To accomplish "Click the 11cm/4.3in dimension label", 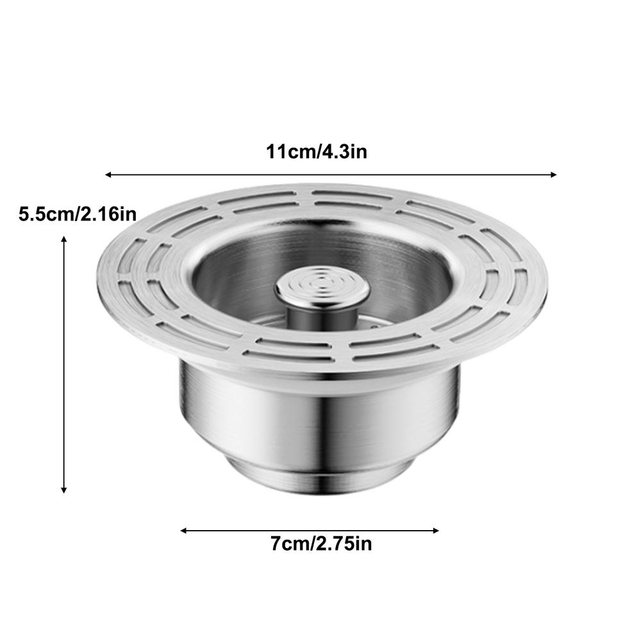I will [317, 153].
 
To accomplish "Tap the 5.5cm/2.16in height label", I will [78, 214].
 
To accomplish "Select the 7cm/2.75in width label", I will [320, 545].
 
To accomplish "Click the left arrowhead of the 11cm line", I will [108, 174].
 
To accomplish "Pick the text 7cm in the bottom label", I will [290, 545].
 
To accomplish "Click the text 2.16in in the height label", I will [107, 214].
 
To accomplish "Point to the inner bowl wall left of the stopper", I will [224, 282].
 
